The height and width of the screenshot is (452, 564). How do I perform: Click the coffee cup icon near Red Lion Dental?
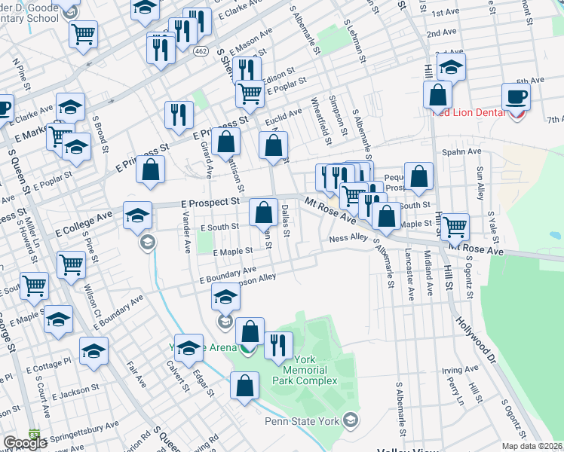(x=516, y=96)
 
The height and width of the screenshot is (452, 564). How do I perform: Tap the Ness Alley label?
(x=348, y=238)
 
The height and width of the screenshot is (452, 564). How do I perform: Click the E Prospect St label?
(x=210, y=202)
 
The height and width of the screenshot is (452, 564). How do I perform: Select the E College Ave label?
(x=84, y=218)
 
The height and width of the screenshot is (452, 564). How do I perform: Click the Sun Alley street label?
(x=480, y=184)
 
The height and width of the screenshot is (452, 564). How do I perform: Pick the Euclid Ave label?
(x=283, y=112)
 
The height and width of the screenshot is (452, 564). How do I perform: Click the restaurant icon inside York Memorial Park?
(x=280, y=345)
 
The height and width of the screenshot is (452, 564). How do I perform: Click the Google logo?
(x=25, y=444)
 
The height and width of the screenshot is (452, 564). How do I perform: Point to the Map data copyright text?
(x=532, y=446)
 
